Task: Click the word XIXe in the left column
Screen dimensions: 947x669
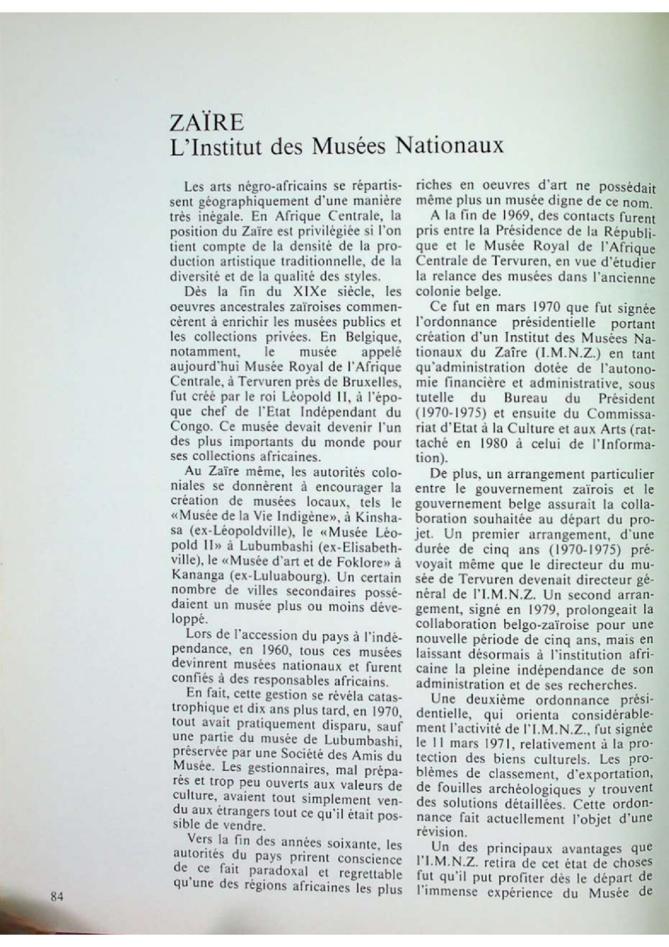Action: tap(295, 290)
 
